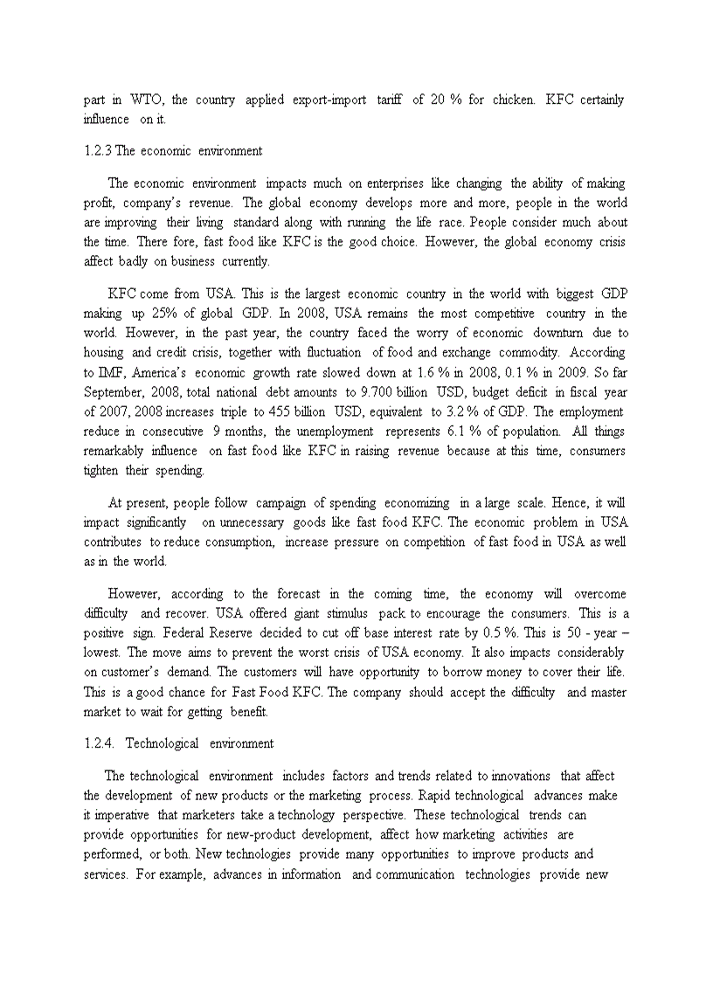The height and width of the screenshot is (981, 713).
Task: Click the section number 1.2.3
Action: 98,150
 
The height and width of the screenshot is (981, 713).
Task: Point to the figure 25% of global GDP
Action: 180,313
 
